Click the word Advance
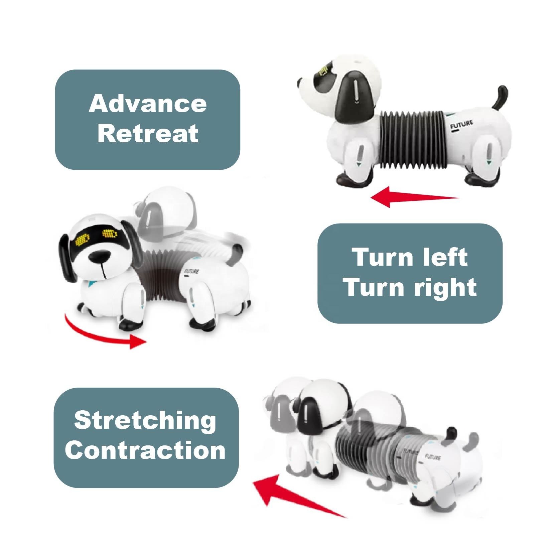tap(148, 104)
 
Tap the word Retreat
tap(148, 133)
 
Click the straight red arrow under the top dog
tap(415, 197)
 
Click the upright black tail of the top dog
tap(501, 100)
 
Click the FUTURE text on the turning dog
tap(191, 271)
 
